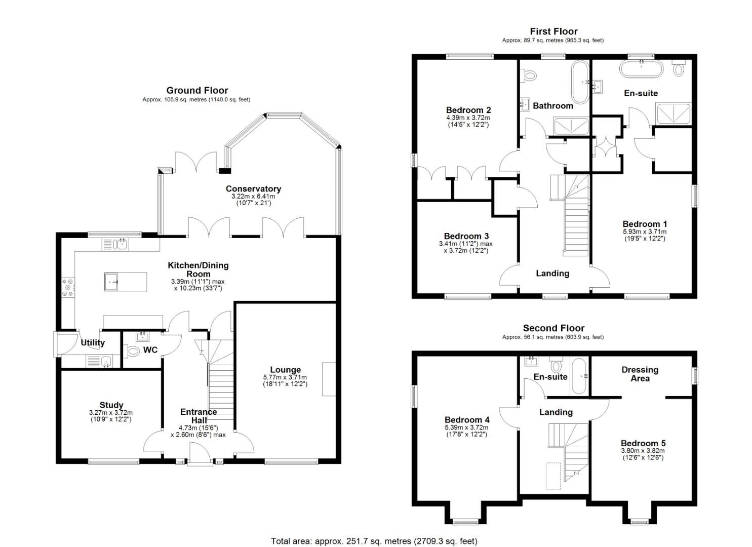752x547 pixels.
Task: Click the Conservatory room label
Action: pos(253,189)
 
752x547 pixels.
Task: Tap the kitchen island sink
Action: pos(112,282)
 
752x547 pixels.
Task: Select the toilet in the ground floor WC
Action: pos(133,350)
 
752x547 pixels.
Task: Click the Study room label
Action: pos(111,405)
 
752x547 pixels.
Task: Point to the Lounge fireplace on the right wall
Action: pos(329,379)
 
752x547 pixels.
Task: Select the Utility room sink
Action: pos(106,361)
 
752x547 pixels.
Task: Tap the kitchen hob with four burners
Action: pos(67,288)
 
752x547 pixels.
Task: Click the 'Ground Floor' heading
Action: pos(197,91)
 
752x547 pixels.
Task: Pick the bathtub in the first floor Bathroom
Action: pos(580,82)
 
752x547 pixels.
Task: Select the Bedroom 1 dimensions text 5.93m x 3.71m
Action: pos(644,232)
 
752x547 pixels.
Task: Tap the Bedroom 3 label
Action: pos(466,236)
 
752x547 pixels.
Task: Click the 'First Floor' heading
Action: pos(553,31)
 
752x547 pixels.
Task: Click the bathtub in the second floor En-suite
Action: pos(579,376)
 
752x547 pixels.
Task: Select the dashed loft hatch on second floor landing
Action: pos(553,476)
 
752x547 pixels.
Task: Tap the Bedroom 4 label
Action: pos(467,420)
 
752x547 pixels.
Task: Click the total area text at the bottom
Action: pos(374,541)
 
